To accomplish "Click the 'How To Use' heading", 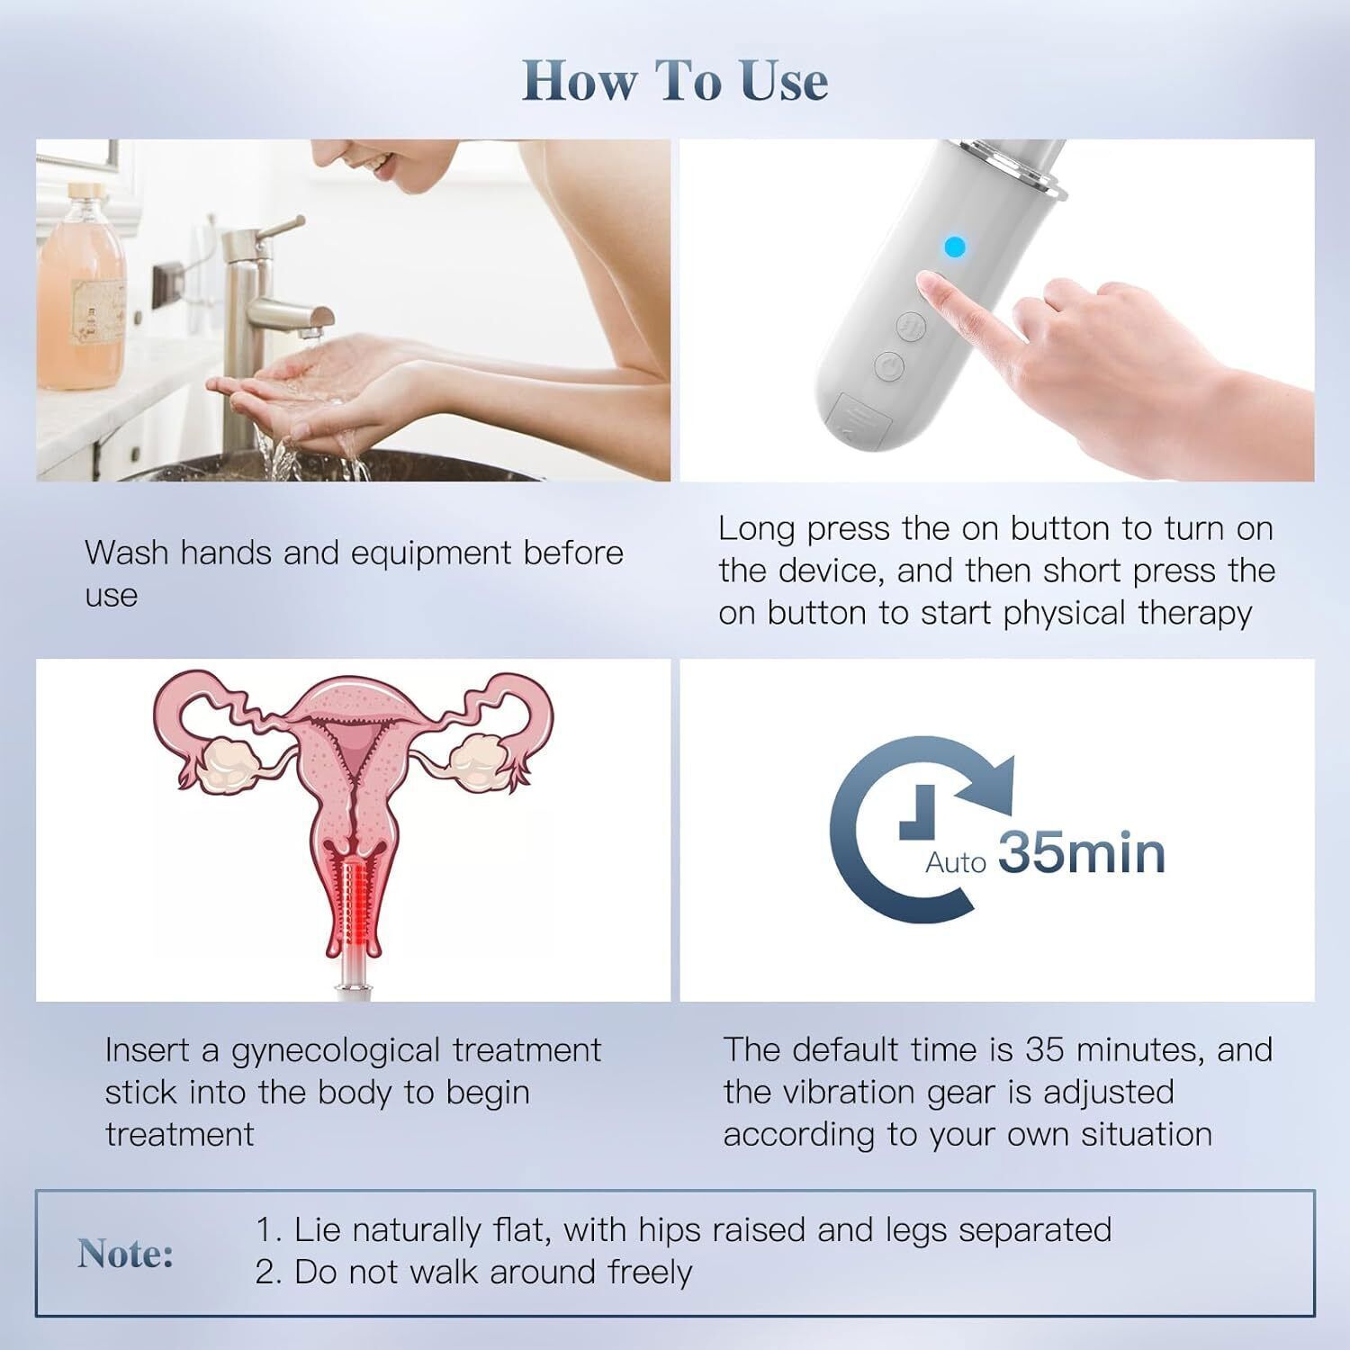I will pyautogui.click(x=675, y=80).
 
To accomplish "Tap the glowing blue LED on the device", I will pyautogui.click(x=955, y=247).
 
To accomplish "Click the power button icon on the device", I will pyautogui.click(x=888, y=365).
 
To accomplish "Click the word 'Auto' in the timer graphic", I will pyautogui.click(x=955, y=862).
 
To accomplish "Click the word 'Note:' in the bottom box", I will pyautogui.click(x=126, y=1253).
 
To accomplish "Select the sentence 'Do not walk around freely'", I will pyautogui.click(x=492, y=1272).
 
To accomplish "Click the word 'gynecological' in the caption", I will pyautogui.click(x=337, y=1050).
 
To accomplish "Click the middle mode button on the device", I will pyautogui.click(x=913, y=326).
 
